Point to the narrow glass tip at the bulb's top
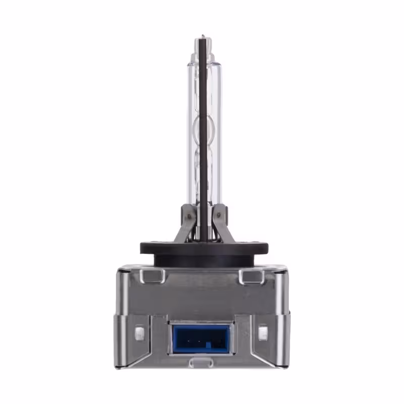(202, 39)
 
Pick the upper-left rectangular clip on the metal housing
(153, 276)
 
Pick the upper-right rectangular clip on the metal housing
(250, 276)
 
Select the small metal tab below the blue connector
(201, 363)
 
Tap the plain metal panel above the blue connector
(202, 295)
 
